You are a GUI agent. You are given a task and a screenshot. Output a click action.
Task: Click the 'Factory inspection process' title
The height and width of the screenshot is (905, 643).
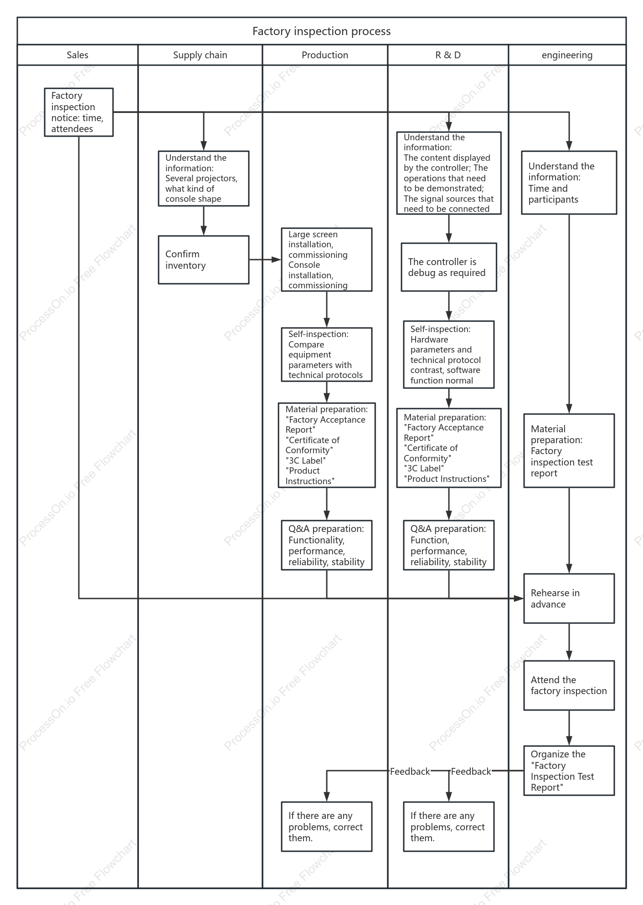(x=321, y=31)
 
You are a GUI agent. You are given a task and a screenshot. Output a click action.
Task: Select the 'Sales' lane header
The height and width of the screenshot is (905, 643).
(x=77, y=55)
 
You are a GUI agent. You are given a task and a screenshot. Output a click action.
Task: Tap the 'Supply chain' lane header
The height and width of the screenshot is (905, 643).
(x=200, y=55)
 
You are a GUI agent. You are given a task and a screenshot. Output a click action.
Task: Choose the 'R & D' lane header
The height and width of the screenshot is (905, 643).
(x=448, y=55)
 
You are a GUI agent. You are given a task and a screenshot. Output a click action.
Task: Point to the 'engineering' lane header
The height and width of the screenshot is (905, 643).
(x=567, y=55)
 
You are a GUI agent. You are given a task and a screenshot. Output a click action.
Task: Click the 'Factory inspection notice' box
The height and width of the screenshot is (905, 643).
(x=79, y=112)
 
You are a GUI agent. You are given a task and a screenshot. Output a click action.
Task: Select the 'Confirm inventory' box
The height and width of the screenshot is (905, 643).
(x=204, y=260)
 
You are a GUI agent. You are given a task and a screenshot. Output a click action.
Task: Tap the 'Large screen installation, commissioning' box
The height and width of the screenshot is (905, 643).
(x=327, y=260)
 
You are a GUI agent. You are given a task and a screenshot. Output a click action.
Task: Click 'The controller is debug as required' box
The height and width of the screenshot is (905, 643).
(x=449, y=267)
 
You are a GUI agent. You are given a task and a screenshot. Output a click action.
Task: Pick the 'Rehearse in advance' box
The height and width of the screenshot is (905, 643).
(x=569, y=598)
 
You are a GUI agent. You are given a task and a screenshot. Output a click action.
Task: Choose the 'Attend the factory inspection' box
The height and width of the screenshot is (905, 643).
(x=569, y=685)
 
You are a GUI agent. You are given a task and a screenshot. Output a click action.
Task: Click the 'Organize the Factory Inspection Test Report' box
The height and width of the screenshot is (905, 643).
(x=569, y=771)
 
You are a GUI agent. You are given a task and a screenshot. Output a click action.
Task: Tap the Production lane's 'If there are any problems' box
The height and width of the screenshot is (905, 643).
(x=327, y=827)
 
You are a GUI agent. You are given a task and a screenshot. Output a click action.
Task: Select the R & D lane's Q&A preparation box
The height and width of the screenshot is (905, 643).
(x=449, y=545)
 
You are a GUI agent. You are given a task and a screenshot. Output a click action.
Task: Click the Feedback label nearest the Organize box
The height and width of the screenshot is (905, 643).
(x=471, y=771)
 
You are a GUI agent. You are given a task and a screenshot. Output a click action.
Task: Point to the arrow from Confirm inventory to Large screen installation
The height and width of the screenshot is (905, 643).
(x=265, y=260)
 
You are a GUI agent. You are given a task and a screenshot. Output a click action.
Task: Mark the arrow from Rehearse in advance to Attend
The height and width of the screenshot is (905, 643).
(x=569, y=642)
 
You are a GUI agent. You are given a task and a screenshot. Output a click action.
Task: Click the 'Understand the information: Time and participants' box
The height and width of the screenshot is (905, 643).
(x=569, y=183)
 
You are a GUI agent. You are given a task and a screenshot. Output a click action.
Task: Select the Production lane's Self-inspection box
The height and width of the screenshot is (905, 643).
(x=327, y=355)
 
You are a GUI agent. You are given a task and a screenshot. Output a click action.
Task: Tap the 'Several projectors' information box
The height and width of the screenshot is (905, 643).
(x=204, y=179)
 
